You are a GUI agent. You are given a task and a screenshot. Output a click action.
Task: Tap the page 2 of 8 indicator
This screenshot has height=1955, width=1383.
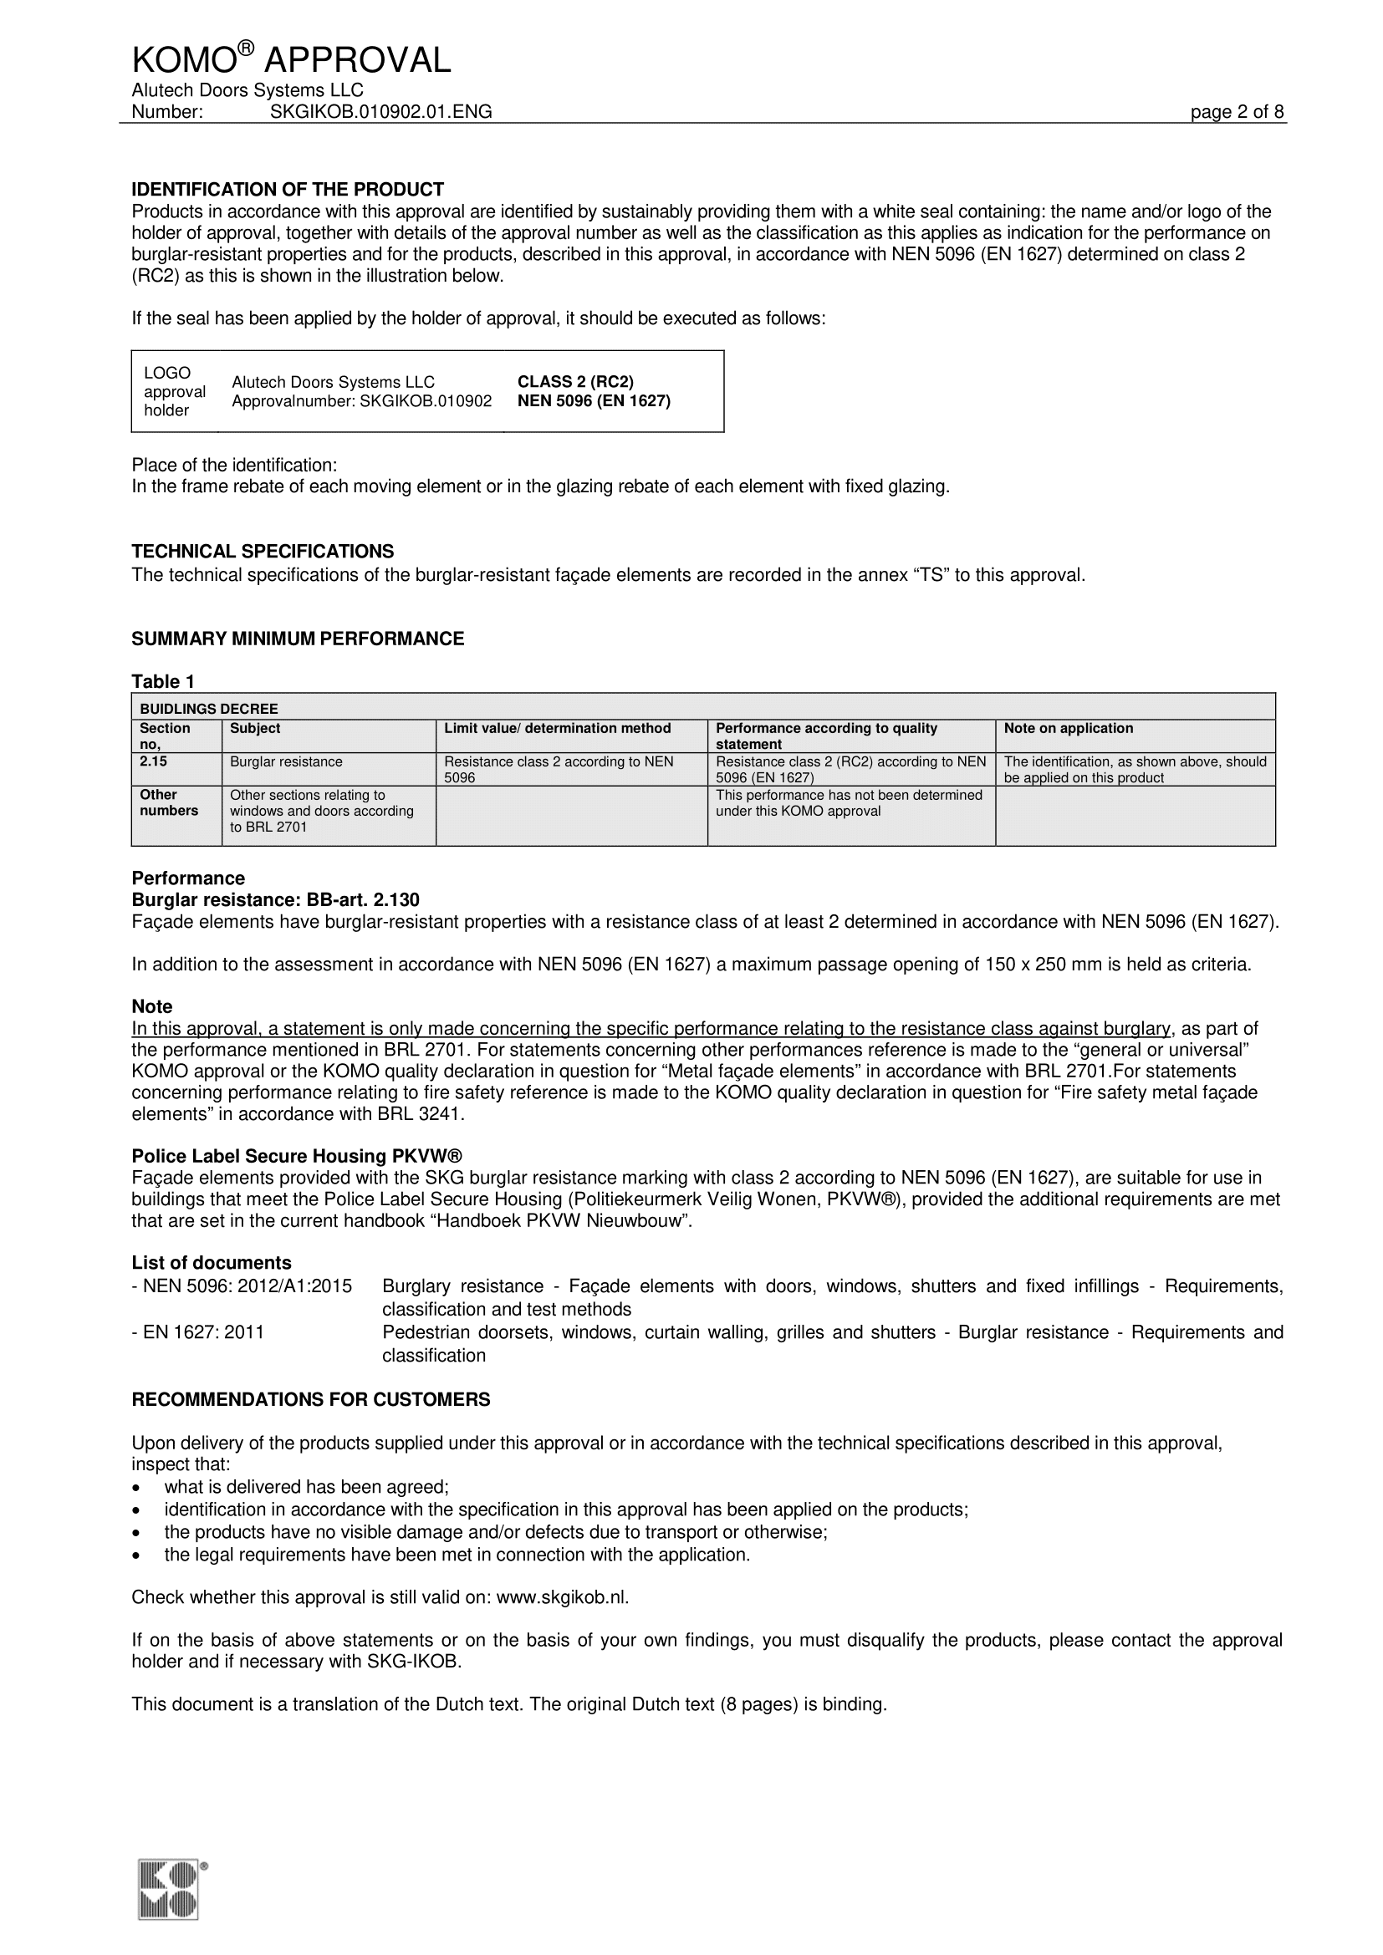pos(1237,111)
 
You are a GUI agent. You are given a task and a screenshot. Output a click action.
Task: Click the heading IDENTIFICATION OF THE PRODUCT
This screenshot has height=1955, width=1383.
pos(287,189)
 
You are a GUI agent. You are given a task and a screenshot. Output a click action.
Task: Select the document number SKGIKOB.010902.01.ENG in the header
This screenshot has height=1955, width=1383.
pos(380,111)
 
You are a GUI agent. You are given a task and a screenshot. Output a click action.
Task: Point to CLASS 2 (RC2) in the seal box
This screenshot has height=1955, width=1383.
pos(575,381)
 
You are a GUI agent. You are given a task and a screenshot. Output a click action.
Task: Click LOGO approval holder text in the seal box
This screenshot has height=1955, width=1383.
pos(174,392)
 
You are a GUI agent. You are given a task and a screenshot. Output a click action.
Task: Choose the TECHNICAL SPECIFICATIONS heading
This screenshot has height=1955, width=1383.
pos(263,551)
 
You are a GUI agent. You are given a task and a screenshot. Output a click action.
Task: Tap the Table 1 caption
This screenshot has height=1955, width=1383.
pos(163,681)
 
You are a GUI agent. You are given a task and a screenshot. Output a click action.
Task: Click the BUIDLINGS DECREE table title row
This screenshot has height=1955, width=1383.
pos(209,709)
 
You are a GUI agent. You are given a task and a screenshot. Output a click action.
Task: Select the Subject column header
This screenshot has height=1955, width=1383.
pos(255,728)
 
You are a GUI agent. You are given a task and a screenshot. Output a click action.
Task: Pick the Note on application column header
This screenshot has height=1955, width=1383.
pos(1068,728)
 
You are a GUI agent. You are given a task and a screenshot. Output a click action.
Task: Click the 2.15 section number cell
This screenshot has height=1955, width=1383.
pos(153,761)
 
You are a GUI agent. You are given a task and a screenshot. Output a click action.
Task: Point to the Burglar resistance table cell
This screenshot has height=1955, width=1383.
pos(286,761)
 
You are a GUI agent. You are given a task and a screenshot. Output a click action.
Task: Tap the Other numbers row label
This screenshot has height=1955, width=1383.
pos(169,802)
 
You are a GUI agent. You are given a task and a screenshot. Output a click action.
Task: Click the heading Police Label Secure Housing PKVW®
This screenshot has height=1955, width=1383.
pos(296,1155)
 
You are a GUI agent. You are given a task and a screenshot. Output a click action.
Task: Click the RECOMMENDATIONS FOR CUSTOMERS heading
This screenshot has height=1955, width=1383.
pos(311,1399)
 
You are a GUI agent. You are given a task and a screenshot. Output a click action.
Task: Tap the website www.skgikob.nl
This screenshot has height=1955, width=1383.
pos(561,1596)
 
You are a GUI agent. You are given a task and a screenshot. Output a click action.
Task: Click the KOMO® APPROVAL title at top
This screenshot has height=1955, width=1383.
pos(290,59)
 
